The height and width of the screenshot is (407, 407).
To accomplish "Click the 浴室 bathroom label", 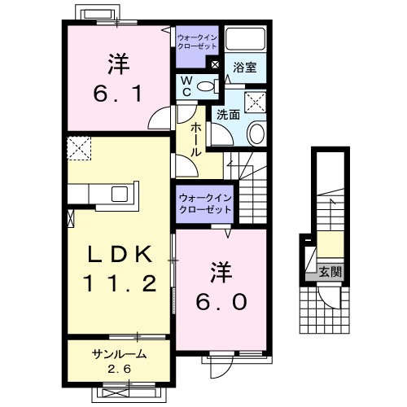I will click(x=245, y=68).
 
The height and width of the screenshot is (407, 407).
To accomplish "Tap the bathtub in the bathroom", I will click(x=246, y=41).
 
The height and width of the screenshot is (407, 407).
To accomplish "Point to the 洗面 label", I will click(x=228, y=115).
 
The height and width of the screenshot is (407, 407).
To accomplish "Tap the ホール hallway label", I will click(x=197, y=140).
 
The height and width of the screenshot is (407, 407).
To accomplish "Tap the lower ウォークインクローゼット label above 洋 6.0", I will click(x=205, y=203).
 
